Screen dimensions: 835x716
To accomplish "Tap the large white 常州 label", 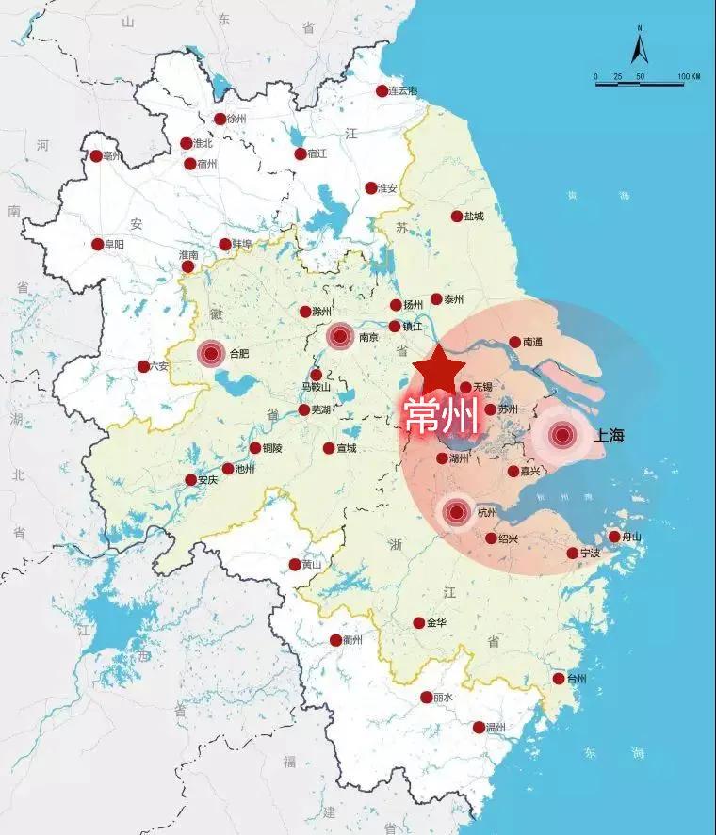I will tap(441, 415).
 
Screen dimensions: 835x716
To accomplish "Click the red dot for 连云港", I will tap(382, 91).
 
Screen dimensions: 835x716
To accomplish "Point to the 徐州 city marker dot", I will tap(220, 120).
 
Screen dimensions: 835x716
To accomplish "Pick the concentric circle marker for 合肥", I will tap(211, 354).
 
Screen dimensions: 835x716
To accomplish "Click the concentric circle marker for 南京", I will tap(339, 335).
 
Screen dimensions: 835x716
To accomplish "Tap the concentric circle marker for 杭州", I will tap(457, 513).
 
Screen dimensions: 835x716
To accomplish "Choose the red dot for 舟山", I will tap(614, 537).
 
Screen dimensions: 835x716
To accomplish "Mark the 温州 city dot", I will tap(479, 728).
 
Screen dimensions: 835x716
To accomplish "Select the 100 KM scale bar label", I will tap(688, 76).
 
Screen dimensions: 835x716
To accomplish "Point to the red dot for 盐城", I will tap(457, 217).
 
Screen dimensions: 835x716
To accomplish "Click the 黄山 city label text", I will tap(312, 565).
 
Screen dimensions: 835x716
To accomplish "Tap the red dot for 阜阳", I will tap(97, 245).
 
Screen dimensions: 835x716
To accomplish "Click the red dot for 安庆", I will tap(190, 480).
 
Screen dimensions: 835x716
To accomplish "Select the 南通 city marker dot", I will tap(514, 343).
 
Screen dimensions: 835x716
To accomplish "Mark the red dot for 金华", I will tap(418, 623).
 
